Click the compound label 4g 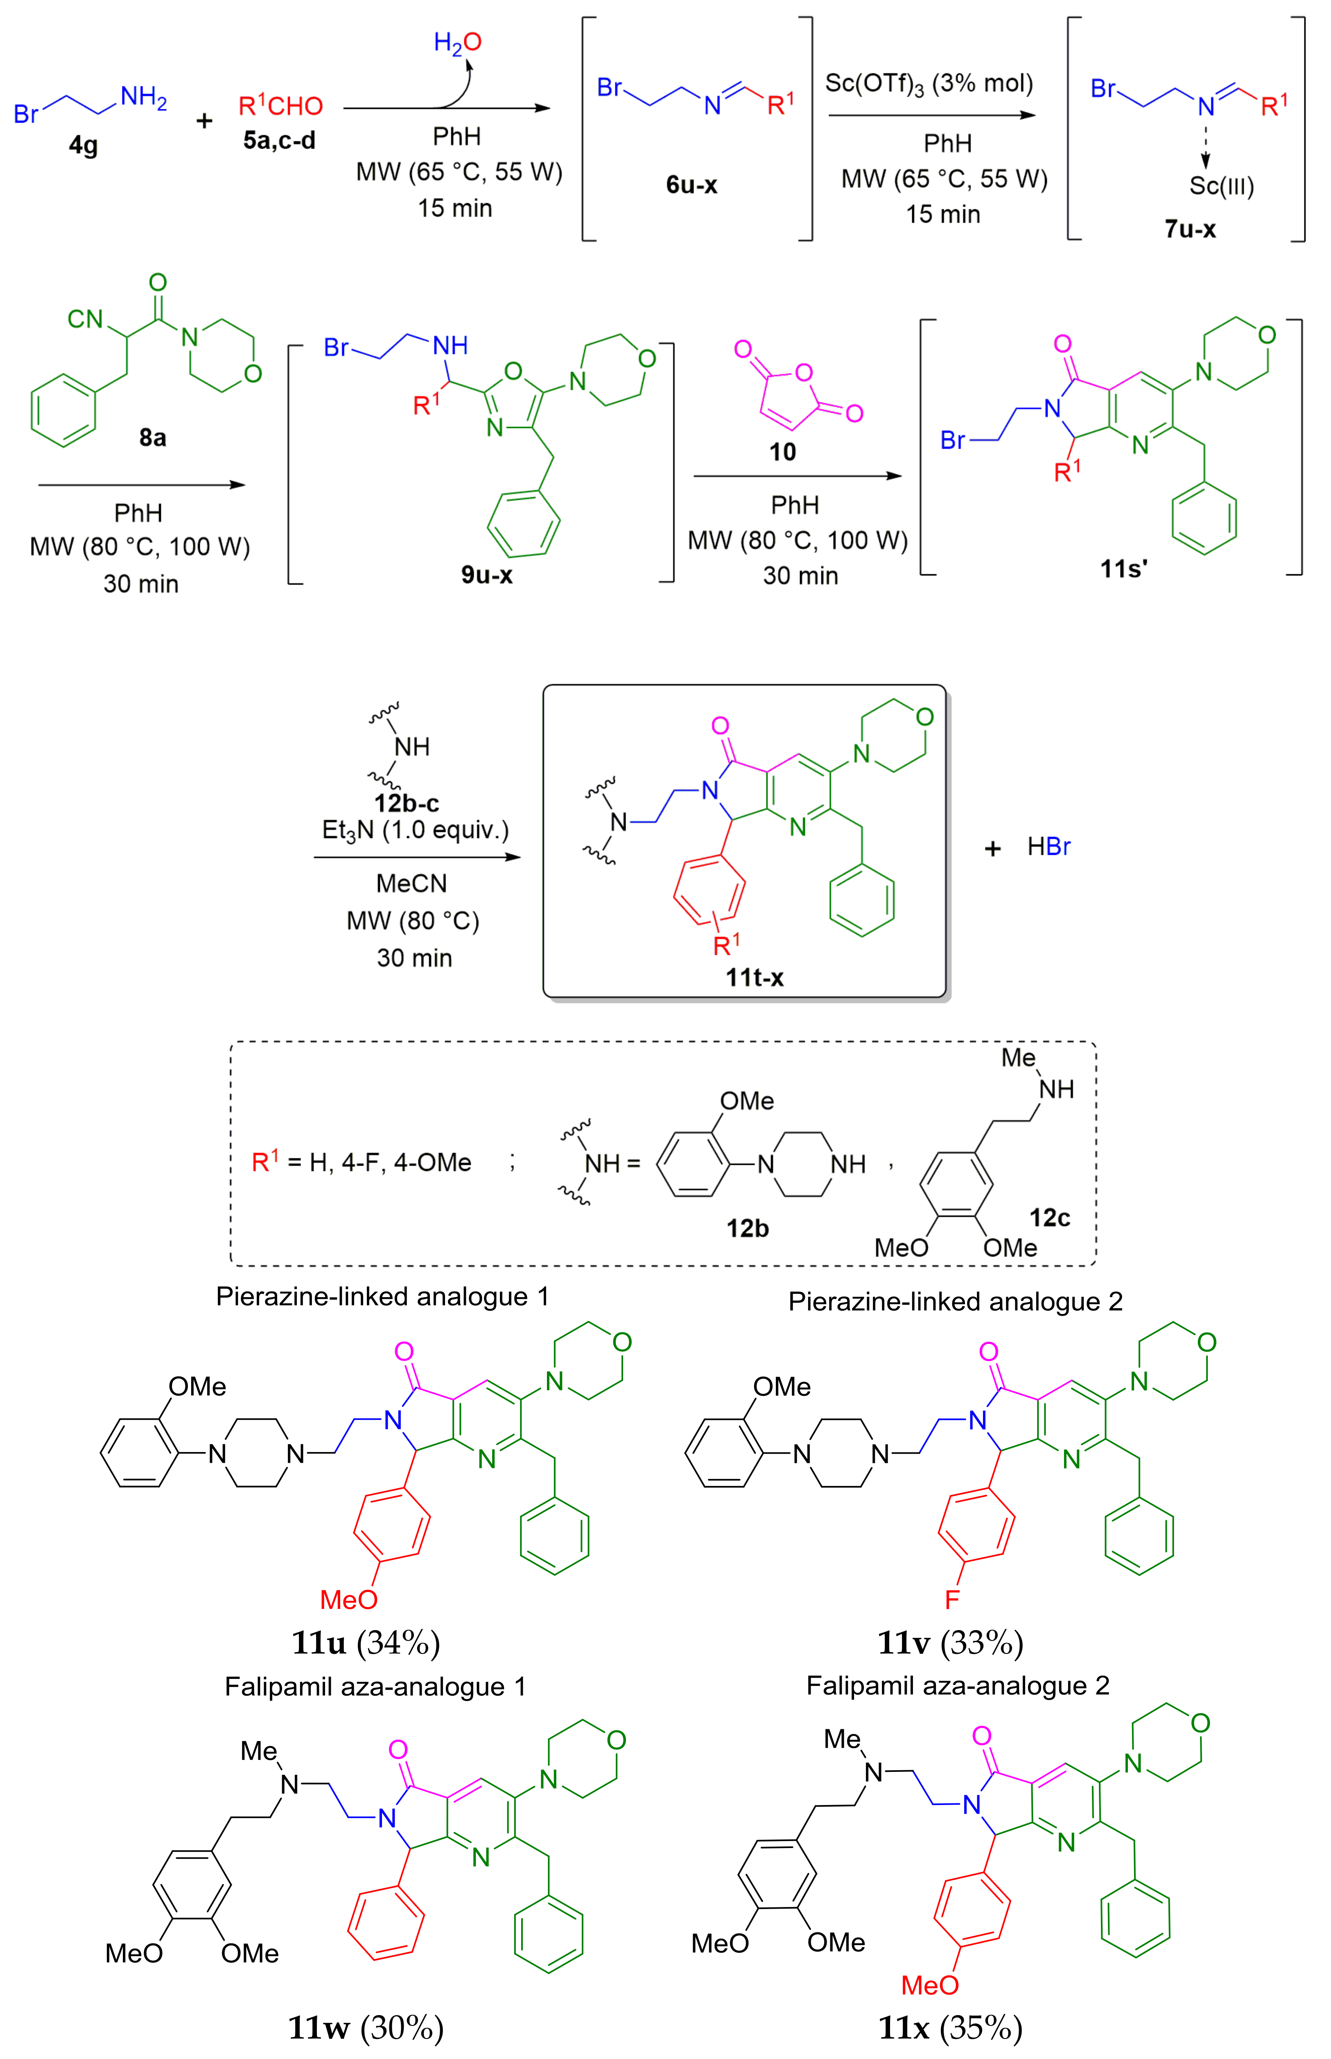coord(84,145)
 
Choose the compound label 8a coord(153,437)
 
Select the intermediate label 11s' coord(1123,568)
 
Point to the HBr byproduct coord(1049,847)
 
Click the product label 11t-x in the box coord(754,978)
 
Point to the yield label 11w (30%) coord(366,2027)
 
